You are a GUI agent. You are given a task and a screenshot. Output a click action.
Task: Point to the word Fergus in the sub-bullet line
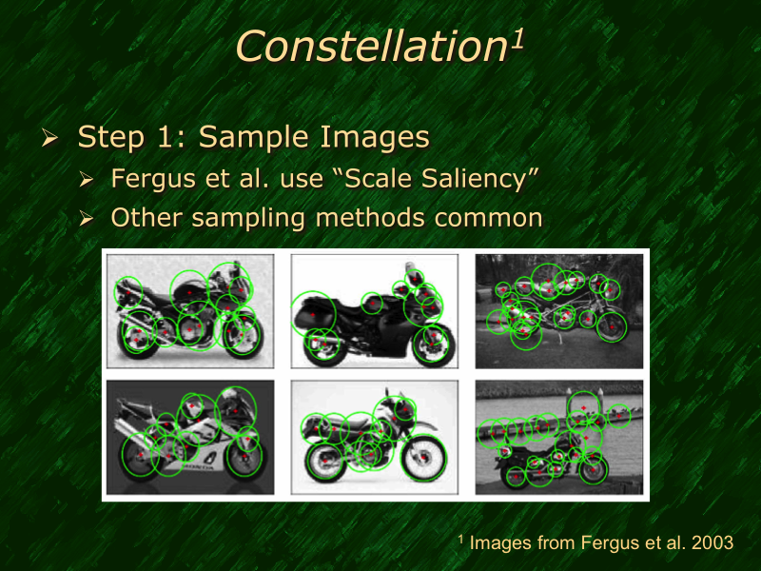pos(148,178)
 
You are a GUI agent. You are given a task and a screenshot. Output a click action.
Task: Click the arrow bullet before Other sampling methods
pos(87,219)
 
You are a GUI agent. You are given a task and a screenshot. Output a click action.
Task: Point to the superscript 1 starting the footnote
pos(461,540)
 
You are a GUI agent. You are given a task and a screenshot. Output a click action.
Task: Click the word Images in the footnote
pos(501,543)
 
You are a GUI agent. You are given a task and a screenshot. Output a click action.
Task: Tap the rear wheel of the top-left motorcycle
pos(139,334)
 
